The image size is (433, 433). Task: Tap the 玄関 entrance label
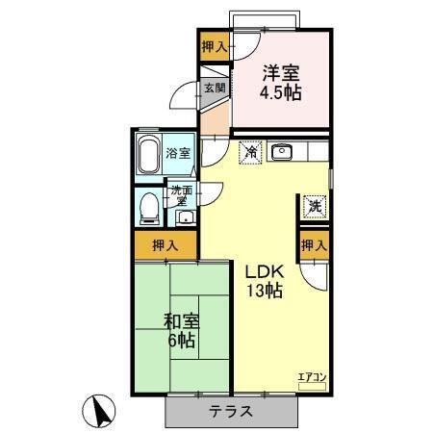pyautogui.click(x=214, y=89)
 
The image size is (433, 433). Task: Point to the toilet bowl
pyautogui.click(x=148, y=206)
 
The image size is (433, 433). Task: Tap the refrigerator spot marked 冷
pyautogui.click(x=249, y=152)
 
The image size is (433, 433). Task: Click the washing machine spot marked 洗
pyautogui.click(x=314, y=205)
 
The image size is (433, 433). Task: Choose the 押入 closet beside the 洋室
pyautogui.click(x=215, y=46)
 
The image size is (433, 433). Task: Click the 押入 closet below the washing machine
pyautogui.click(x=314, y=246)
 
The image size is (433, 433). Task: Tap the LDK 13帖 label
pyautogui.click(x=262, y=280)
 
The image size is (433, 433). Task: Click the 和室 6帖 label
pyautogui.click(x=181, y=330)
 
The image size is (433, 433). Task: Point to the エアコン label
pyautogui.click(x=312, y=377)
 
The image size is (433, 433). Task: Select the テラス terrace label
pyautogui.click(x=232, y=411)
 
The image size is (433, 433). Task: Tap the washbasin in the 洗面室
pyautogui.click(x=185, y=216)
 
